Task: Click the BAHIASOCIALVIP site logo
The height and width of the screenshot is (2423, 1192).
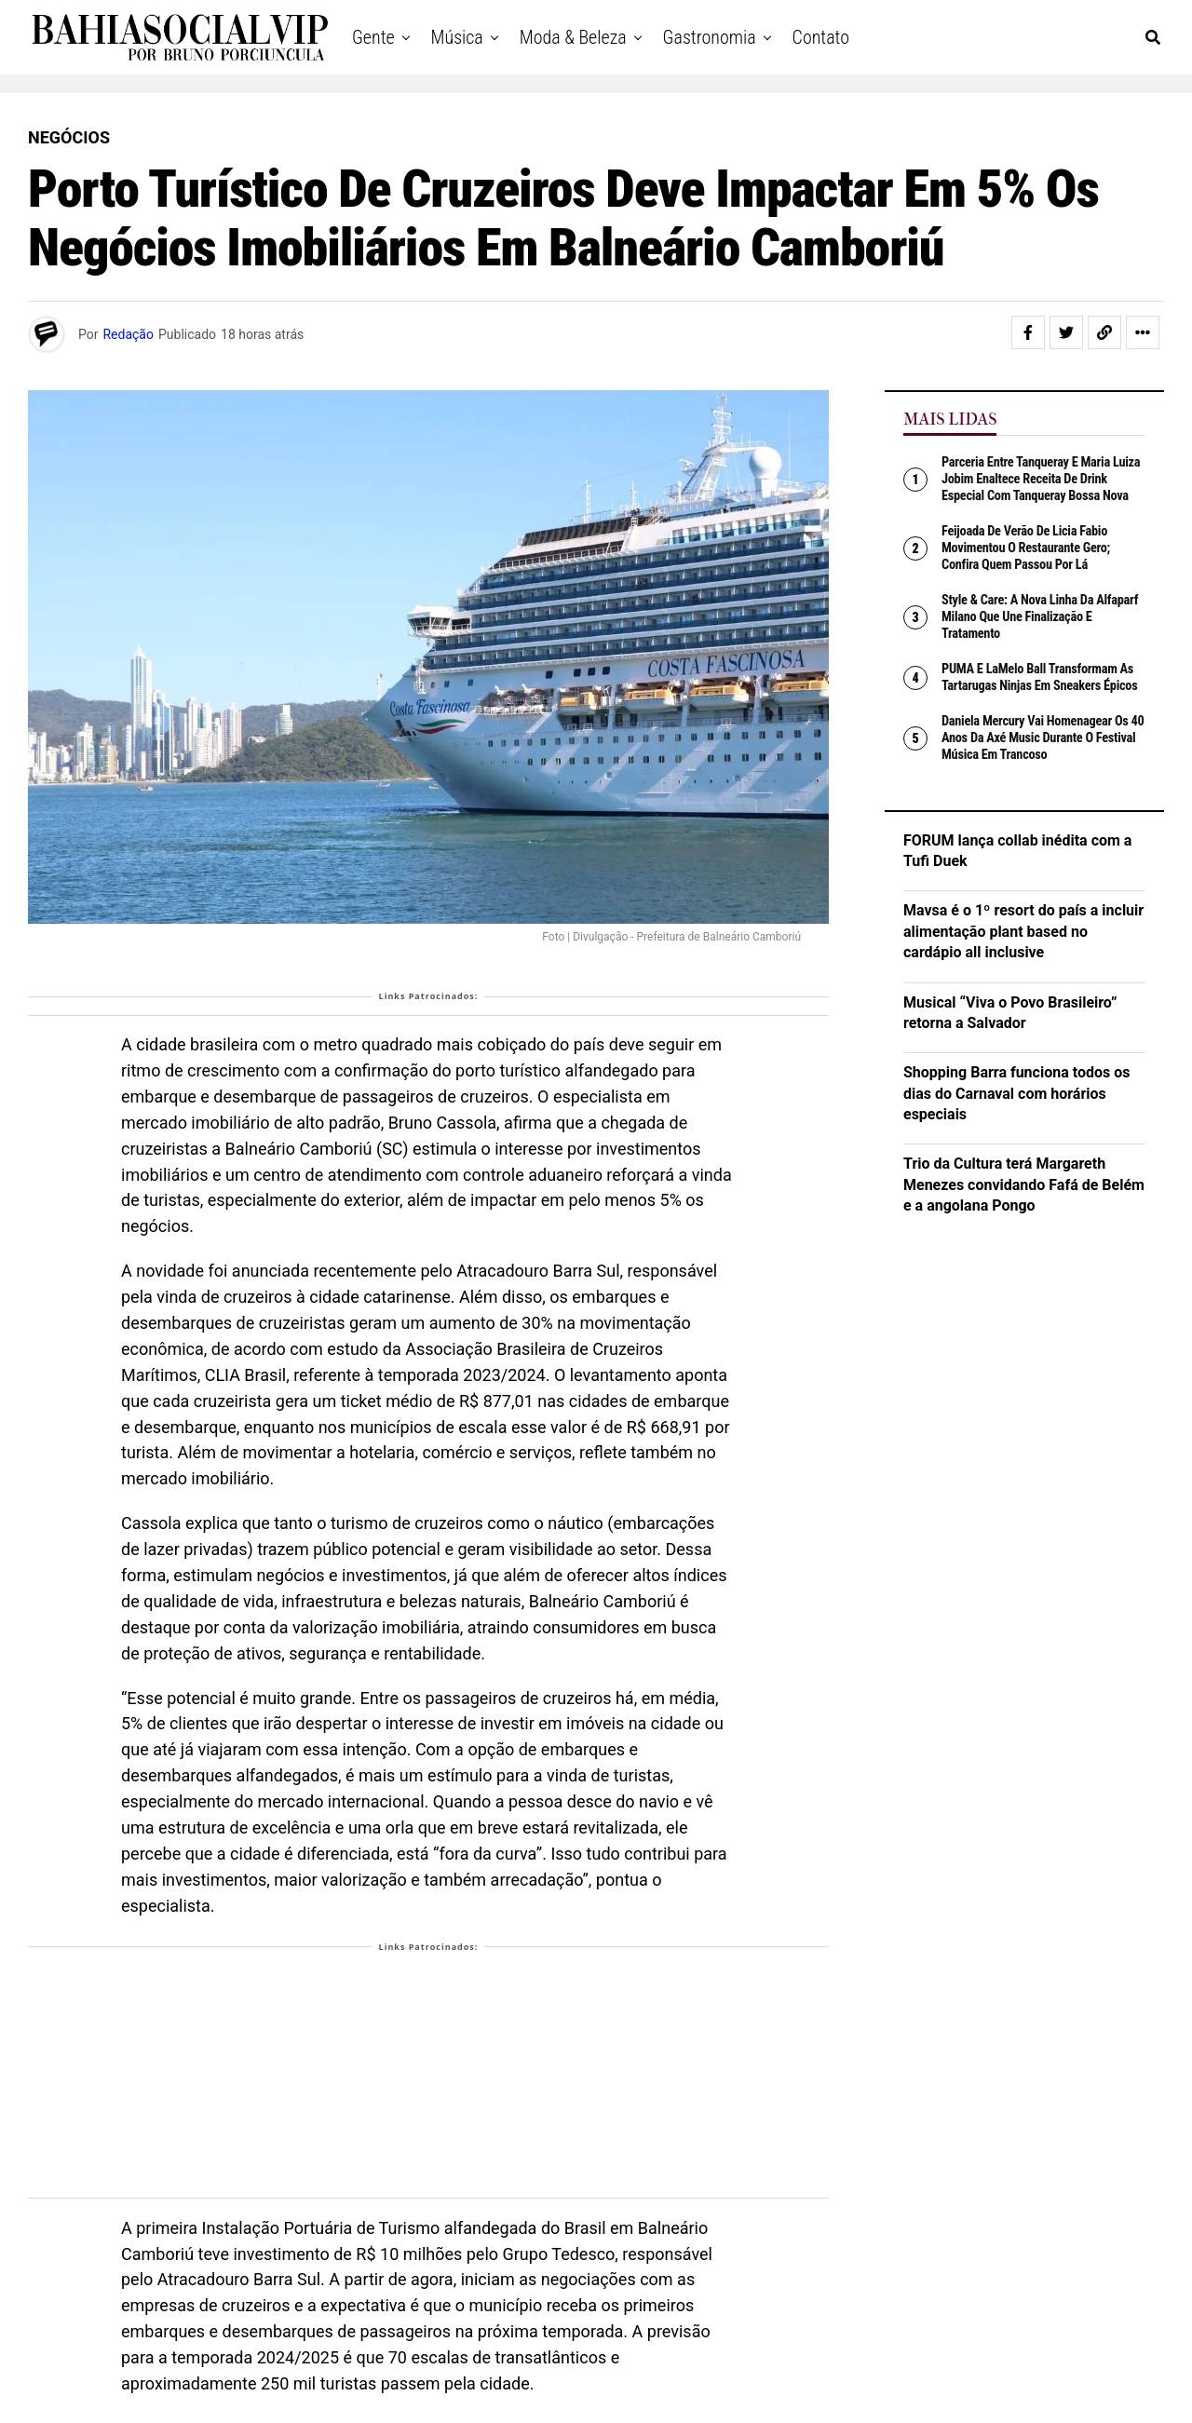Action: [179, 37]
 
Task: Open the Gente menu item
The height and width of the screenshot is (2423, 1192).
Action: [373, 37]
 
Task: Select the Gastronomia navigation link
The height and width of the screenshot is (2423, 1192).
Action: [709, 37]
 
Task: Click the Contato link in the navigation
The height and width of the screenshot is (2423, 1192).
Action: [819, 37]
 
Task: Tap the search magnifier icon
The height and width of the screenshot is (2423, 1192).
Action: [1152, 37]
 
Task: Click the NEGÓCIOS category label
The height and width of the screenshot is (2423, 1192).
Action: [69, 137]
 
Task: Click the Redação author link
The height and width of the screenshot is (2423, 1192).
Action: [127, 334]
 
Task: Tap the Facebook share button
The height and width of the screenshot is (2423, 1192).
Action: [1027, 332]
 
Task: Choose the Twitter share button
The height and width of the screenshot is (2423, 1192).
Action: [1066, 332]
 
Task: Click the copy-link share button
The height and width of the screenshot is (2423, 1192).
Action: [1104, 332]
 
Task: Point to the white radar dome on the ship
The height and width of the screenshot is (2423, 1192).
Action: [765, 463]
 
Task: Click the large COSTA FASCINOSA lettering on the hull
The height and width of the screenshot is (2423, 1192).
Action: [725, 662]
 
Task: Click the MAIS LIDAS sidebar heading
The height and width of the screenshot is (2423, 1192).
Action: [949, 418]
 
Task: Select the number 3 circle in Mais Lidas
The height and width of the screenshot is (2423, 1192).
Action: [914, 617]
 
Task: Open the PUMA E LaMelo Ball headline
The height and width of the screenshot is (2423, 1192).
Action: [1038, 677]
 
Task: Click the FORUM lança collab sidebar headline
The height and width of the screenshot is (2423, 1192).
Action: [1016, 850]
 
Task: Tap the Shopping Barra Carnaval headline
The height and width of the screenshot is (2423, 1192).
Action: [1016, 1092]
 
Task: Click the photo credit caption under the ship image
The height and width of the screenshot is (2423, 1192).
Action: [670, 937]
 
